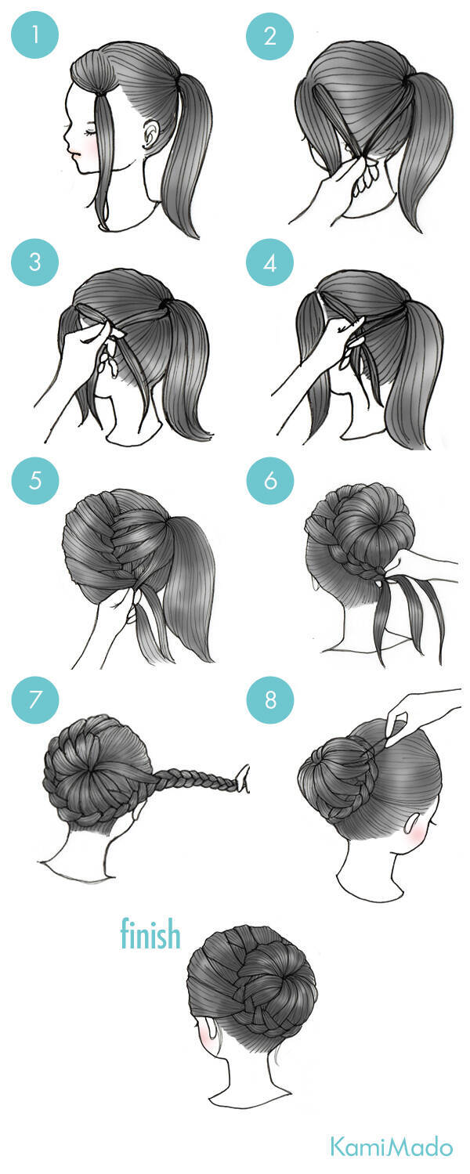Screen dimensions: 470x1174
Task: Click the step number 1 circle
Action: click(34, 35)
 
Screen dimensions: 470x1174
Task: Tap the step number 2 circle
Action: click(269, 35)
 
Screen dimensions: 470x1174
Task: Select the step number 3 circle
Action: click(34, 262)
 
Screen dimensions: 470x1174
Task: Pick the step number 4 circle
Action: click(269, 262)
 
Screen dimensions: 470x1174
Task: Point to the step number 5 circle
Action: click(34, 480)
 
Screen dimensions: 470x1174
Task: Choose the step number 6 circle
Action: click(269, 480)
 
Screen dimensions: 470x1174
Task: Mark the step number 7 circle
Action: click(34, 699)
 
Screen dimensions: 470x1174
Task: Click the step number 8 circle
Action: click(269, 699)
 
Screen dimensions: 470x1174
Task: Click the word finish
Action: click(150, 934)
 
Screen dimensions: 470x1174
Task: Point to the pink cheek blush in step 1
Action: click(90, 148)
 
